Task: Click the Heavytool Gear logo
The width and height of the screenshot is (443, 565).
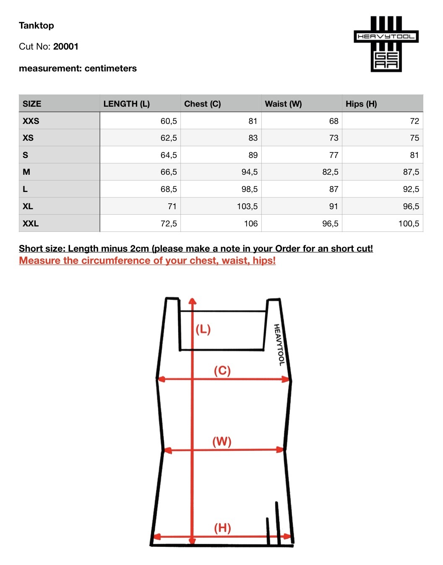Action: pyautogui.click(x=386, y=44)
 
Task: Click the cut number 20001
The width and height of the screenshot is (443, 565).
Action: pyautogui.click(x=66, y=47)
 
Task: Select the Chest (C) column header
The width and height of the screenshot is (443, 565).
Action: pyautogui.click(x=203, y=104)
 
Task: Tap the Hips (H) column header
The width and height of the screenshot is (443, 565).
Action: pyautogui.click(x=361, y=104)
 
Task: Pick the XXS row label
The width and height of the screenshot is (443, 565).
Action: pyautogui.click(x=31, y=121)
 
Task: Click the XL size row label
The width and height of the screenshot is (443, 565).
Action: pyautogui.click(x=28, y=206)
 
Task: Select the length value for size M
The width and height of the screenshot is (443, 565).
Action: pyautogui.click(x=169, y=172)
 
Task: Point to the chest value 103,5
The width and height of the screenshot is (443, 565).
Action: pyautogui.click(x=247, y=207)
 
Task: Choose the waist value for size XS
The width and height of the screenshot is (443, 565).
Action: pyautogui.click(x=334, y=138)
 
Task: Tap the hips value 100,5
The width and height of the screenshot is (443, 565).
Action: pyautogui.click(x=409, y=223)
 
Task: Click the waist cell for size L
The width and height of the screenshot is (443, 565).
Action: pyautogui.click(x=334, y=189)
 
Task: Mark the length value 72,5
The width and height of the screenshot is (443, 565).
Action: pyautogui.click(x=169, y=223)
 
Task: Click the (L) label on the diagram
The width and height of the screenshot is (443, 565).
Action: pyautogui.click(x=203, y=329)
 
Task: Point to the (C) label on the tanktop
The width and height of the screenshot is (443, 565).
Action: pyautogui.click(x=222, y=371)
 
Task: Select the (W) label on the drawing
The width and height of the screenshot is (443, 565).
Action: pyautogui.click(x=222, y=441)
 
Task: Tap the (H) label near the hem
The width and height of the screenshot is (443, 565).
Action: pyautogui.click(x=222, y=528)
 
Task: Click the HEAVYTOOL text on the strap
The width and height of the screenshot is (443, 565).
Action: pyautogui.click(x=279, y=345)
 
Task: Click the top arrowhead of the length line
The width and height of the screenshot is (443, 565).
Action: pyautogui.click(x=192, y=301)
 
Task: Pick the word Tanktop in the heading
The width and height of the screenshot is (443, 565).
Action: pyautogui.click(x=36, y=26)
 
